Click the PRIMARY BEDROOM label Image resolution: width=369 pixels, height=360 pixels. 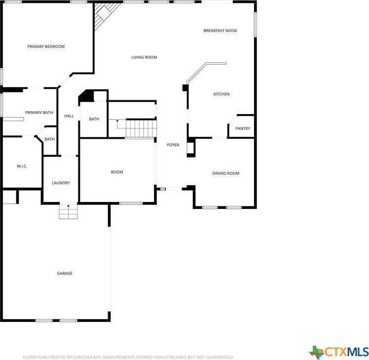point(46,46)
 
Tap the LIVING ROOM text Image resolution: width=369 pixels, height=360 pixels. point(144,57)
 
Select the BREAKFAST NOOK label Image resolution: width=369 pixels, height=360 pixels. point(220,31)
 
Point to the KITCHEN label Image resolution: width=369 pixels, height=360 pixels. point(221,94)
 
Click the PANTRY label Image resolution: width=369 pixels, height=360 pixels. point(242,128)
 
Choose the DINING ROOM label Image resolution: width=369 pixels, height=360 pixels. point(225,173)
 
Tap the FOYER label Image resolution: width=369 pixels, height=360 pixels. point(173,145)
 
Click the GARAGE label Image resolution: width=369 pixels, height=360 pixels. point(65,273)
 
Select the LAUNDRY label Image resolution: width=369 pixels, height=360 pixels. point(61,183)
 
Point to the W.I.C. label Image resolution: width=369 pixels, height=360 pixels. point(22,166)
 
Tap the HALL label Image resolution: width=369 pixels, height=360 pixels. point(69,116)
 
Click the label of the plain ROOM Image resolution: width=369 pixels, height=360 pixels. point(117,172)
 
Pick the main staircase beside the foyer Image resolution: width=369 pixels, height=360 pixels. point(141,128)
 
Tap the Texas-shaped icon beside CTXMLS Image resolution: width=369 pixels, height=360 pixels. point(316,352)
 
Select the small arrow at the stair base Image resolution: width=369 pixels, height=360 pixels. point(117,120)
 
